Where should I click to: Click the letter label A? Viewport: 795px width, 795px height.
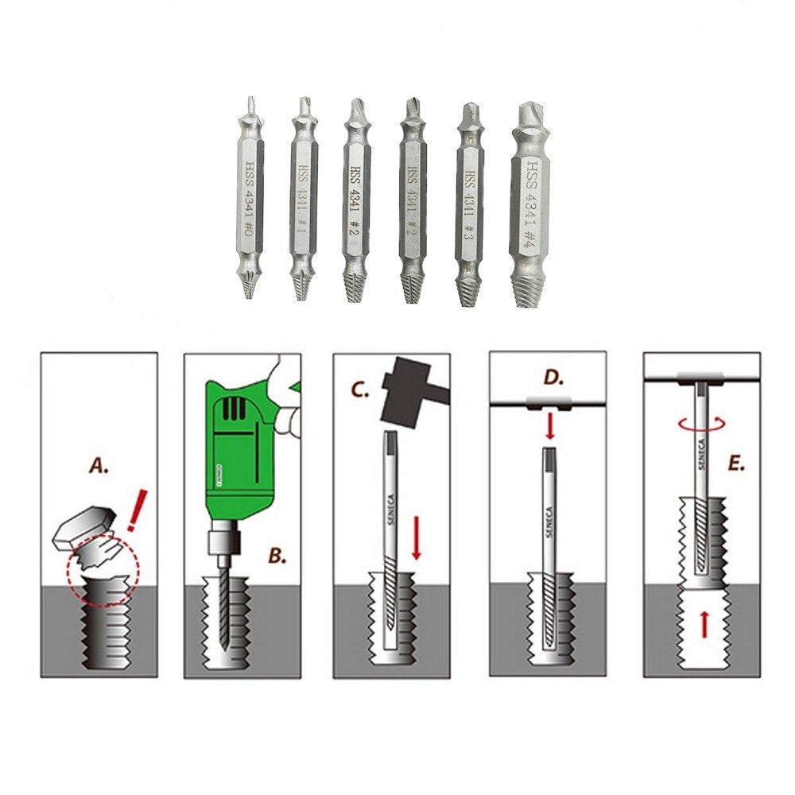tap(99, 467)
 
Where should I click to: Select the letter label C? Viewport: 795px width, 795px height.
tap(360, 390)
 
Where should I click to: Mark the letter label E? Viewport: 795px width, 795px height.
tap(737, 463)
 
